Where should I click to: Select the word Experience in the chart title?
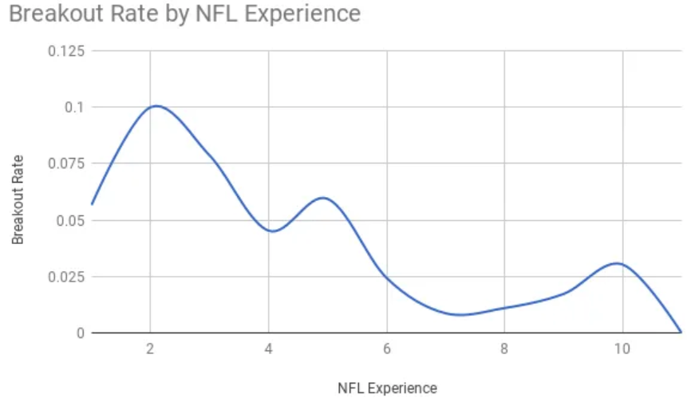294,14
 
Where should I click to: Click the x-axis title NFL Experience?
388,388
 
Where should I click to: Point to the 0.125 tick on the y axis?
66,50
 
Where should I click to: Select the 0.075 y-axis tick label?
66,164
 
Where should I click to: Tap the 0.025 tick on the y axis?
66,277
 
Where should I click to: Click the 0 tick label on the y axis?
80,333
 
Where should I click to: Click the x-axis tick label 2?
150,350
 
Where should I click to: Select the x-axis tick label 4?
269,350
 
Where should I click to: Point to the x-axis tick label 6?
387,350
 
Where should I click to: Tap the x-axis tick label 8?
505,350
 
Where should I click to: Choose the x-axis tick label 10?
623,350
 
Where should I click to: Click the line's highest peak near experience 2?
156,106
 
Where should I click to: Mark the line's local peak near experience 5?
322,198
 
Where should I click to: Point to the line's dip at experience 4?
272,231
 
